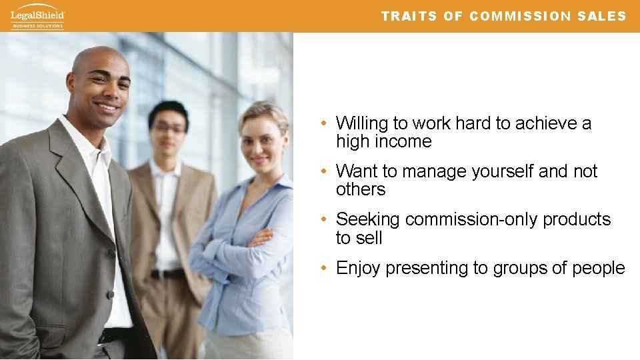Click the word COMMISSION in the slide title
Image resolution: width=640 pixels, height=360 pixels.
click(515, 17)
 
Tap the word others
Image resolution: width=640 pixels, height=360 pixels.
click(361, 190)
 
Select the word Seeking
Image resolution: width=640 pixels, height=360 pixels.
click(368, 220)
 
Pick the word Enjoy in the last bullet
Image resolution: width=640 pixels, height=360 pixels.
click(358, 269)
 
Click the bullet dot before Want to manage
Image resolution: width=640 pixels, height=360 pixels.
click(322, 172)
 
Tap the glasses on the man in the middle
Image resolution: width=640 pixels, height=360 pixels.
click(169, 128)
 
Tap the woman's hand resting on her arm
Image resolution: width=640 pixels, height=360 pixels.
click(262, 236)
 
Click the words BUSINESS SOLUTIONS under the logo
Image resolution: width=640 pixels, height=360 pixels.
click(37, 26)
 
